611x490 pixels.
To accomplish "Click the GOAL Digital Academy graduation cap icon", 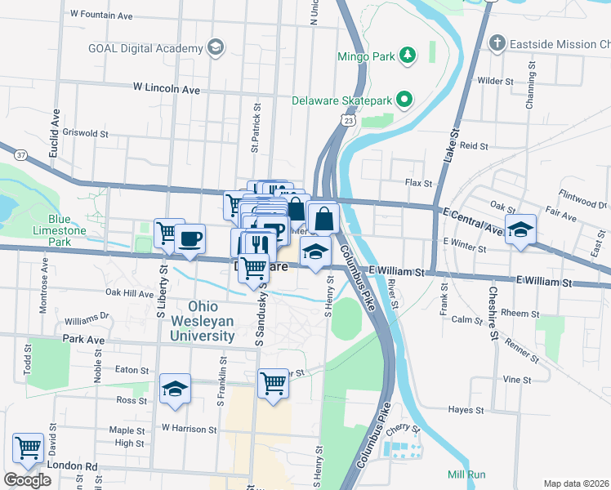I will point(216,47).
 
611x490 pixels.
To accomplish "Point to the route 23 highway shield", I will point(349,120).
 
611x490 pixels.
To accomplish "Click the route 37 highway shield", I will point(21,154).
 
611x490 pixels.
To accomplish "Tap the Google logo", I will point(27,480).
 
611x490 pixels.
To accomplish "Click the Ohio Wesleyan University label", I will point(203,323).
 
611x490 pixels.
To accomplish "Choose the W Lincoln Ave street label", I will point(167,87).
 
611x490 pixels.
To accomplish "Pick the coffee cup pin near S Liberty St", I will point(191,239).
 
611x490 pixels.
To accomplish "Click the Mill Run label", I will point(466,474).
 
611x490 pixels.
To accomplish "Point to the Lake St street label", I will point(453,156).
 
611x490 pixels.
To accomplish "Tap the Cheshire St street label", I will point(493,312).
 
